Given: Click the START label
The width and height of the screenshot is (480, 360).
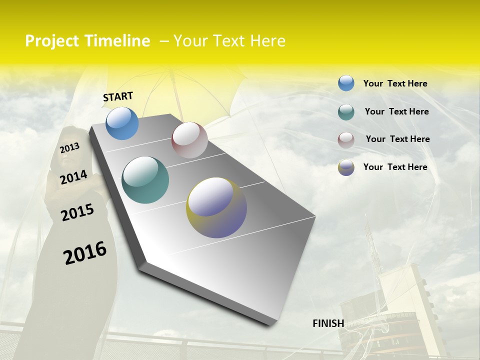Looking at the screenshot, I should coord(118,96).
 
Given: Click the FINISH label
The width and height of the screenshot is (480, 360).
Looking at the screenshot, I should coord(328,323).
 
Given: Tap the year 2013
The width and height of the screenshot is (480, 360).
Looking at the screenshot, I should coord(69,148).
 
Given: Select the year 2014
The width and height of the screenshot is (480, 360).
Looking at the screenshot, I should coord(73,177).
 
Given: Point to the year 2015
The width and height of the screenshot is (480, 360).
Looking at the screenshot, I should coord(77,212).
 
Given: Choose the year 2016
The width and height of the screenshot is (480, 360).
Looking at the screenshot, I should coord(85,252).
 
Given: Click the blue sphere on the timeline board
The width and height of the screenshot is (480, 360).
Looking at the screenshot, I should coord(122,123).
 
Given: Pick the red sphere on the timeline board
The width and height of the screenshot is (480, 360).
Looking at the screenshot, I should coord(189,140).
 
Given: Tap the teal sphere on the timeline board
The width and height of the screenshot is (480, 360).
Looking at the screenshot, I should coord(145,180).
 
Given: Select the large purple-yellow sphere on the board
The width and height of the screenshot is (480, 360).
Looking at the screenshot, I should coord(216,207).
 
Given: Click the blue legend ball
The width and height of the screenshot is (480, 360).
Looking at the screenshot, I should coord(346,83).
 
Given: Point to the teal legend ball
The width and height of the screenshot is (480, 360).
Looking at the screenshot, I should coord(346,112).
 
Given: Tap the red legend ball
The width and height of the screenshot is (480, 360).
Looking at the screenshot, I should coord(346,140).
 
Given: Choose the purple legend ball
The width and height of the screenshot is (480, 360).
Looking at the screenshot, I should coord(346,167).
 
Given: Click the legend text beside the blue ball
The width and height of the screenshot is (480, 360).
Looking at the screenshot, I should coord(395,83).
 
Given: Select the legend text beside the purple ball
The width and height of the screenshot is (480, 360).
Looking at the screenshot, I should coord(395,167).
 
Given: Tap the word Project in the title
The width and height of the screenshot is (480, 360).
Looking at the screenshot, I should coord(51,41).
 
